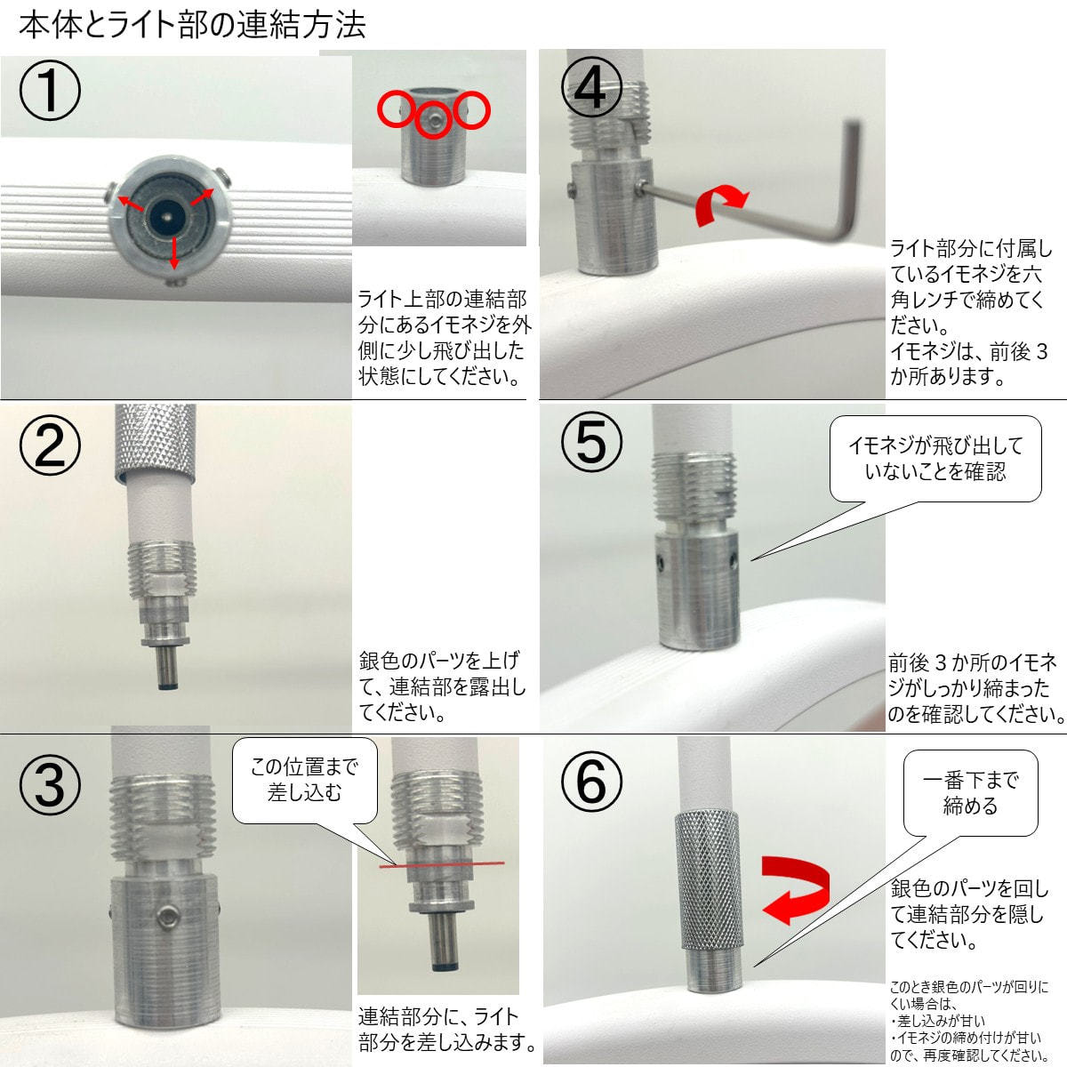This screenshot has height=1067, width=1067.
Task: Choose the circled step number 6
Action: tap(591, 782)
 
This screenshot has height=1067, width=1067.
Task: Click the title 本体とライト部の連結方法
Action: tap(192, 25)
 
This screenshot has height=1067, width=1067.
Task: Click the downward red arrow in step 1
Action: tap(173, 253)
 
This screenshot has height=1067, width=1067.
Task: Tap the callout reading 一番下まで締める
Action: tap(970, 793)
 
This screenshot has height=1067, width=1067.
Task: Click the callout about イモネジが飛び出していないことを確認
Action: tap(935, 459)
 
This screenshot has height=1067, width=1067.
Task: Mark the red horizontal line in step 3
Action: tap(440, 862)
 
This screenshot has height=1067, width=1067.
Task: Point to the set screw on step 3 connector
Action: tap(165, 918)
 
